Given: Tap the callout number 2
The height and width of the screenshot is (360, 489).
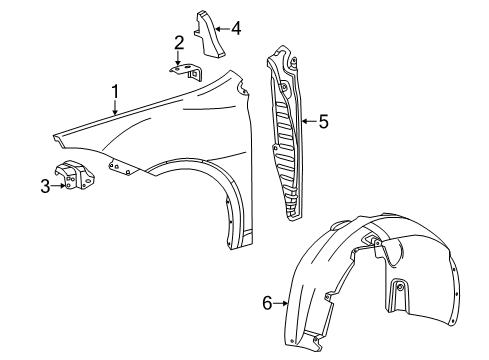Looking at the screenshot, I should pyautogui.click(x=179, y=42).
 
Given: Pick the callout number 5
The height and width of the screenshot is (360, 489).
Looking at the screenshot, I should pyautogui.click(x=322, y=122).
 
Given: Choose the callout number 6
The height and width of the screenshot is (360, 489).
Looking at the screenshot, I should pyautogui.click(x=267, y=303).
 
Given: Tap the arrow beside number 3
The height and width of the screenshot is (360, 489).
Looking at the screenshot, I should pyautogui.click(x=60, y=185).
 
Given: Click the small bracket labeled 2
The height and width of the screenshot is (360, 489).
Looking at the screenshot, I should pyautogui.click(x=186, y=71).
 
